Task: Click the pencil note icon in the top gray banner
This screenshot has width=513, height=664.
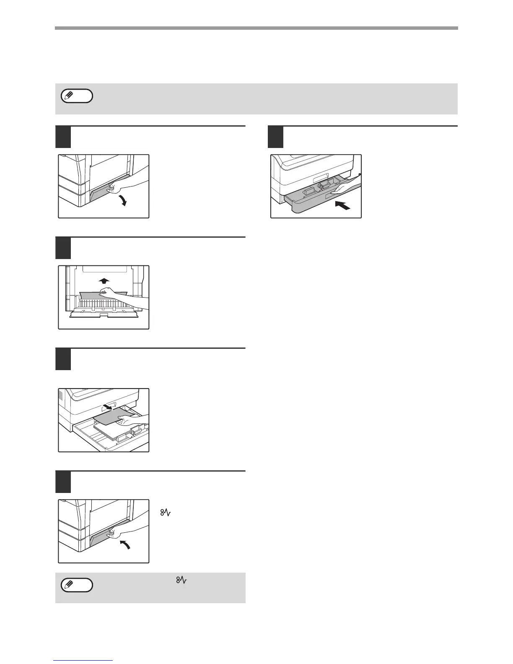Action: point(77,96)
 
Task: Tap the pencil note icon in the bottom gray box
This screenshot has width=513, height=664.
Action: point(77,585)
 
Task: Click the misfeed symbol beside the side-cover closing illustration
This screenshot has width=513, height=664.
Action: point(171,513)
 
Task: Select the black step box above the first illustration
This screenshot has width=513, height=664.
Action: point(63,137)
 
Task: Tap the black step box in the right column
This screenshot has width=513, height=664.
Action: point(275,137)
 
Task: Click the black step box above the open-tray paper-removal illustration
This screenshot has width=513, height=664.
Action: point(63,359)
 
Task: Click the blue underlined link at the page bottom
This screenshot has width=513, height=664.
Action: point(83,661)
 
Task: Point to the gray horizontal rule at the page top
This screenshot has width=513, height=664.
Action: point(256,28)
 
